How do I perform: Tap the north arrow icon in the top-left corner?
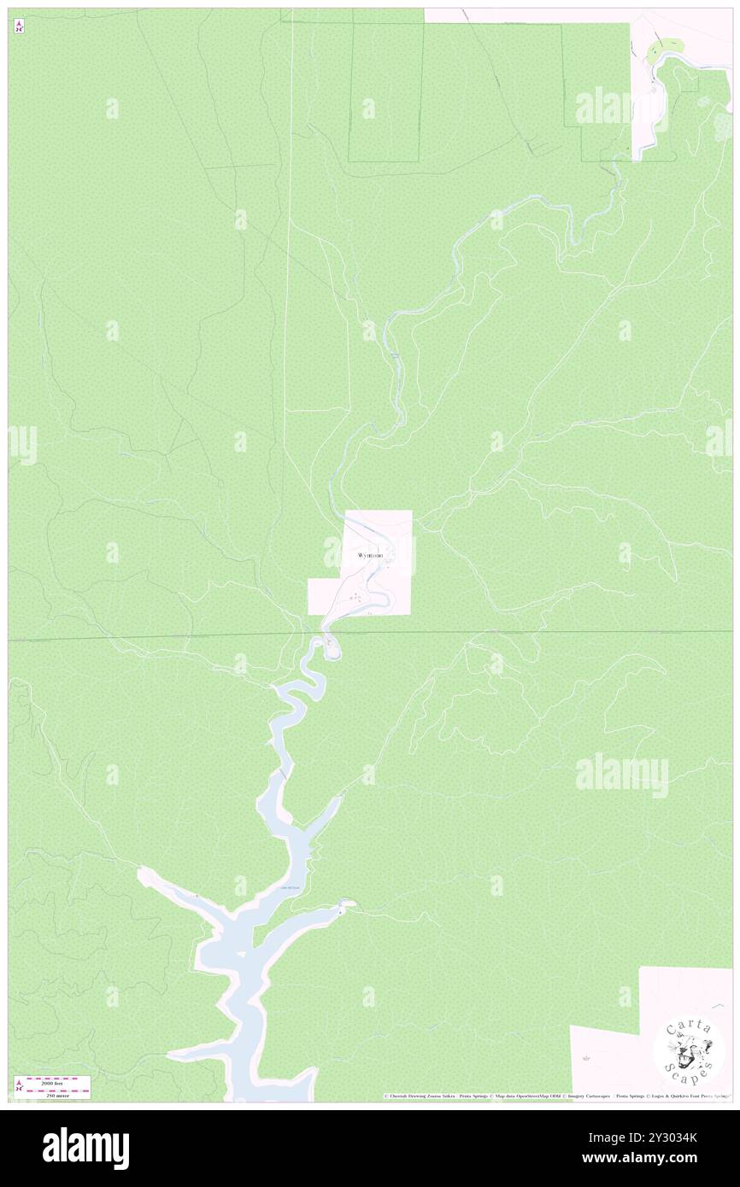19,26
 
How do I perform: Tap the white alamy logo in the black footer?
85,1148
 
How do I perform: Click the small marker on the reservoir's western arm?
197,895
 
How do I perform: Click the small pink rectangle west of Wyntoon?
325,596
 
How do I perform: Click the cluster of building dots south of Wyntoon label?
355,597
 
